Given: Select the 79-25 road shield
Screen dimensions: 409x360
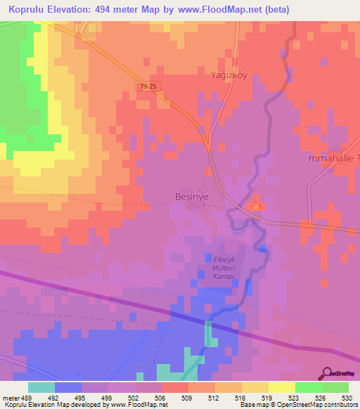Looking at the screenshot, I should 146,85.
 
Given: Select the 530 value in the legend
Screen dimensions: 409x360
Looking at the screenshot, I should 348,398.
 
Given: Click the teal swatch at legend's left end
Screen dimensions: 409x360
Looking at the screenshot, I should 41,387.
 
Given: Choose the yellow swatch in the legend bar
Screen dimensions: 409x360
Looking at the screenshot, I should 281,387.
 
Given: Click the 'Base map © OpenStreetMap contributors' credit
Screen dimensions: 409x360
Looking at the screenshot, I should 298,405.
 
